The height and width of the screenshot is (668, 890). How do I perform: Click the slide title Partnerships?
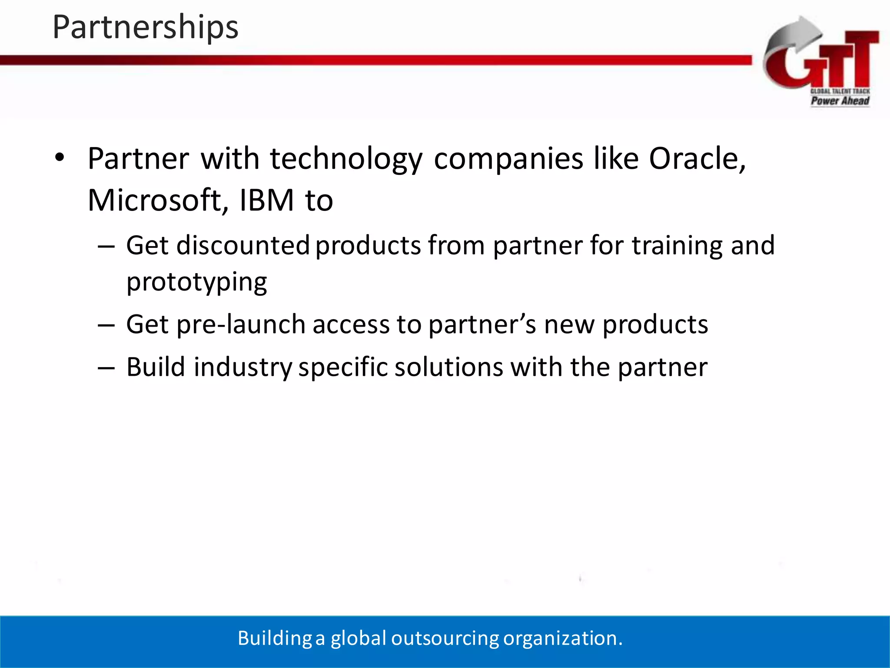click(x=145, y=27)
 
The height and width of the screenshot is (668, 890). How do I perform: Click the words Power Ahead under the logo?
click(x=840, y=101)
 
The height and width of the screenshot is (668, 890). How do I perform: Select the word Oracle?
click(x=697, y=158)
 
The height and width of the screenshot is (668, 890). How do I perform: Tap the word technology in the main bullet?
click(x=346, y=159)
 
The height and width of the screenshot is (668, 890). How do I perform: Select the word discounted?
click(x=243, y=245)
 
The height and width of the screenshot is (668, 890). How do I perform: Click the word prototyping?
click(x=196, y=283)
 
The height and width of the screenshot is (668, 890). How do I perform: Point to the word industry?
click(x=242, y=367)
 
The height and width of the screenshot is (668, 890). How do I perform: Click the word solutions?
click(x=448, y=367)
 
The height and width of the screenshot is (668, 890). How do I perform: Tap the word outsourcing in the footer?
click(x=445, y=638)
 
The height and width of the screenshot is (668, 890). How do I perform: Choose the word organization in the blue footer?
click(x=562, y=638)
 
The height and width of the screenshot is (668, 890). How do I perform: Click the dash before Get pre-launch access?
click(x=106, y=325)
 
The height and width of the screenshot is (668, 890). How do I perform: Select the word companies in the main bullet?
click(x=508, y=159)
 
